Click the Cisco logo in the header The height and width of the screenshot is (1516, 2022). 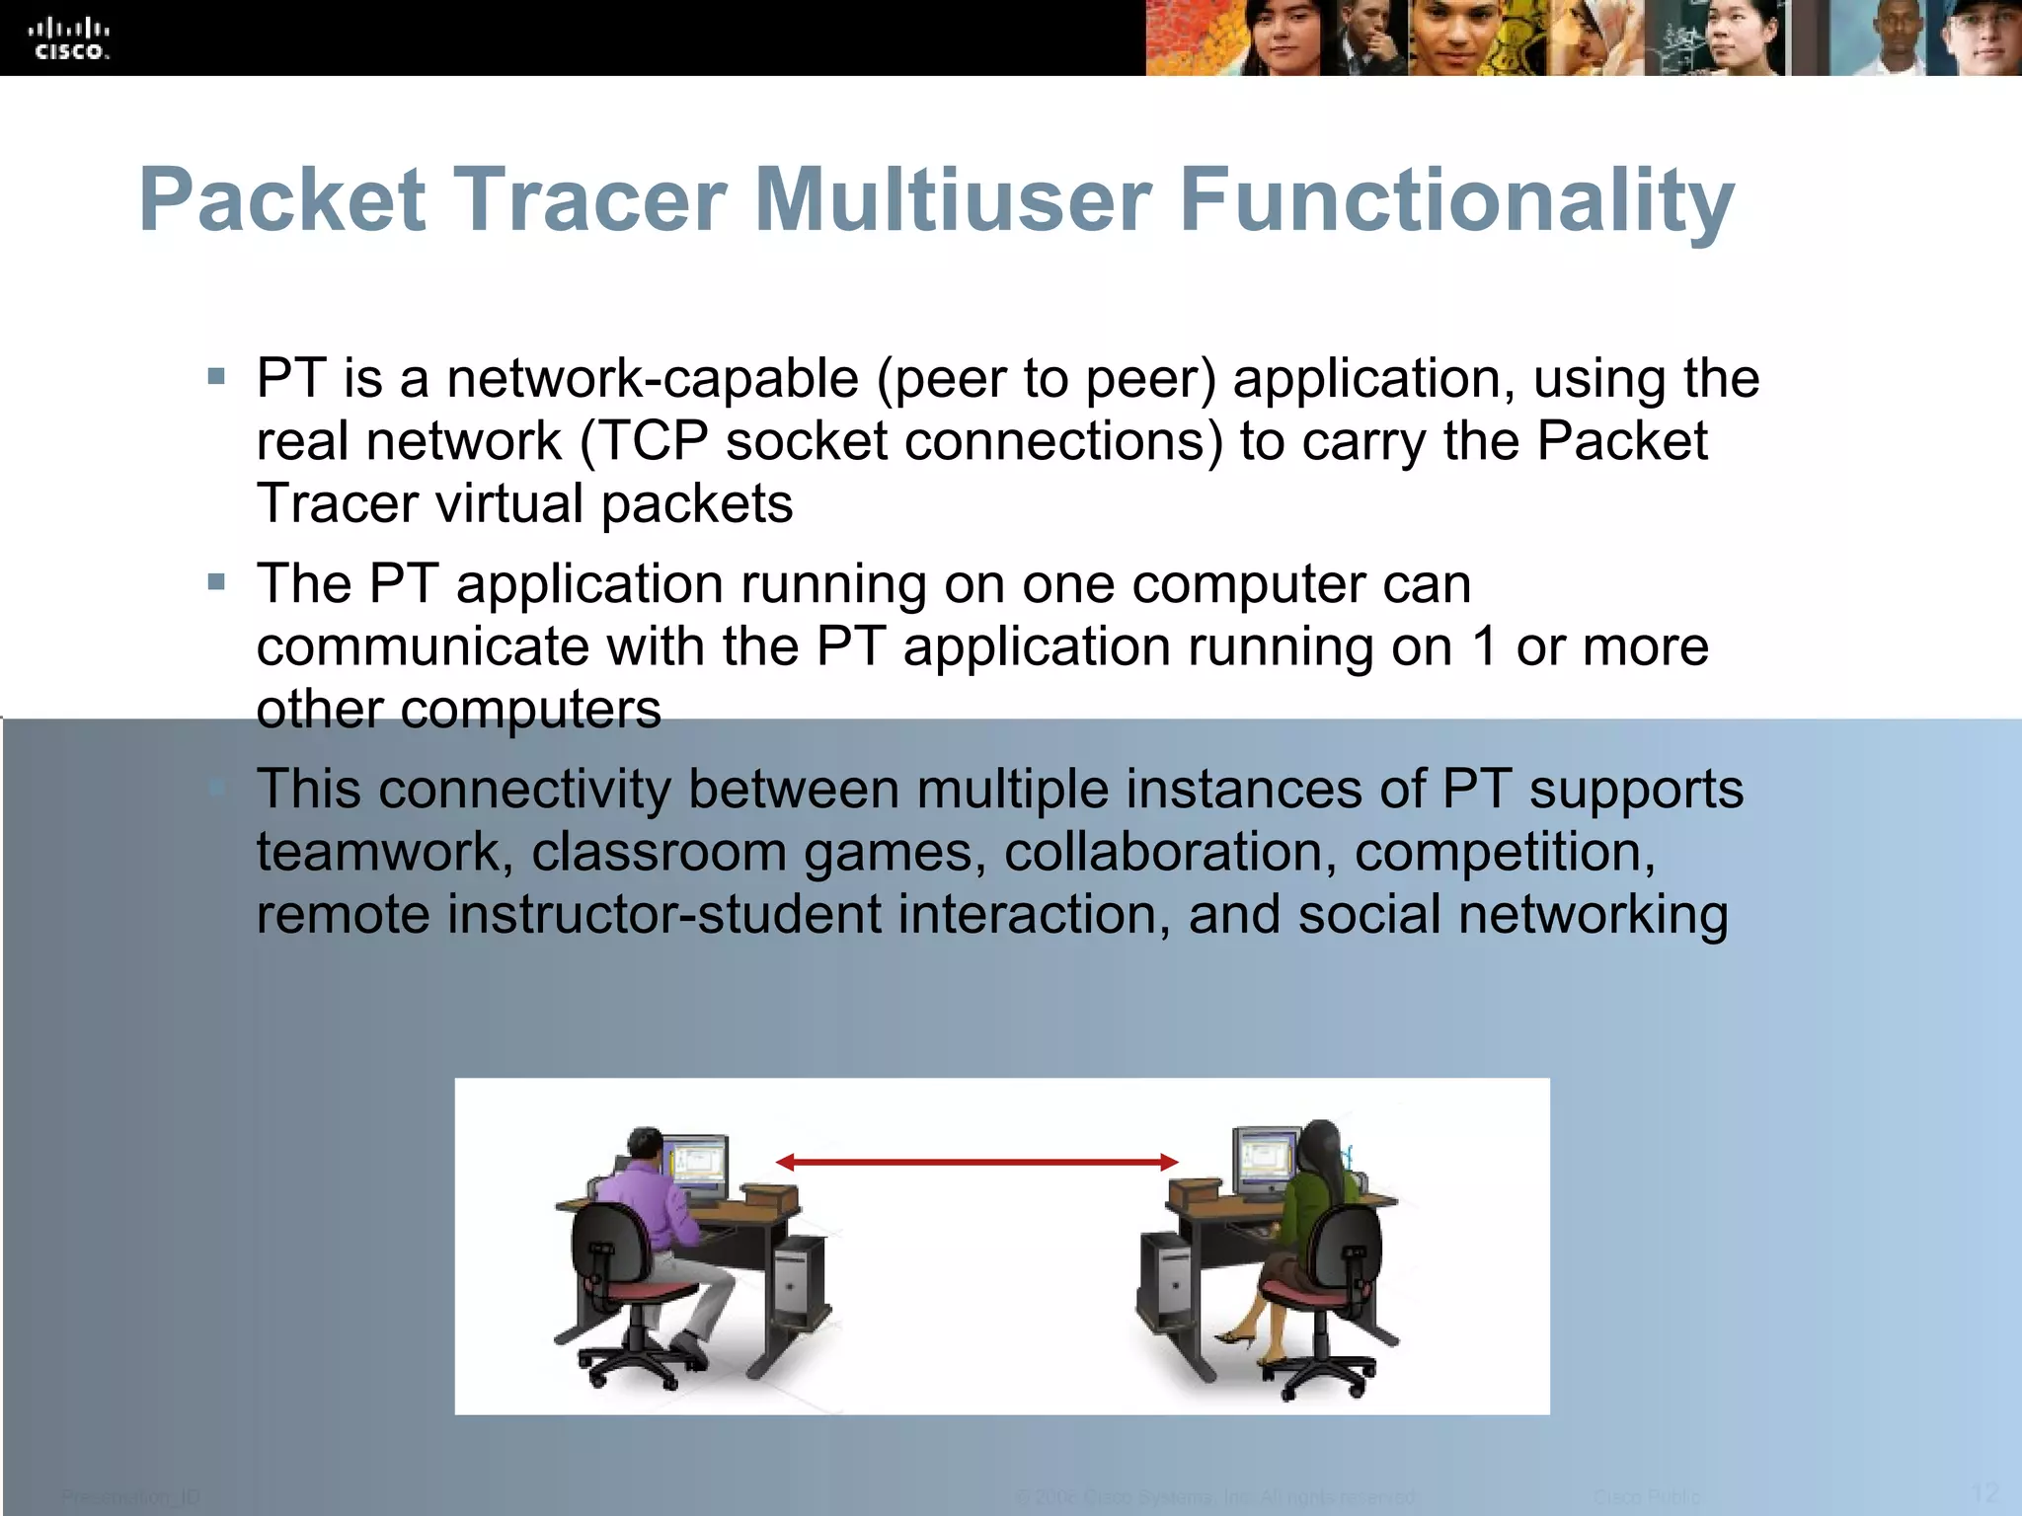(69, 39)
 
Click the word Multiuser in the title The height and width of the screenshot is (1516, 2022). (953, 200)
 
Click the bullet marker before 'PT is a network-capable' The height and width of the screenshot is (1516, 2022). (217, 376)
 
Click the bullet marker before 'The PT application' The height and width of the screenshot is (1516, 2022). (217, 582)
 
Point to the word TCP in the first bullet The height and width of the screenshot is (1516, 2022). (655, 440)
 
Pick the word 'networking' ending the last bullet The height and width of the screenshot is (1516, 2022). (1593, 914)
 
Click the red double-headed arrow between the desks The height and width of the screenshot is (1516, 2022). (977, 1162)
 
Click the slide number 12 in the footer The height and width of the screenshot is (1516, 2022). (1984, 1492)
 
